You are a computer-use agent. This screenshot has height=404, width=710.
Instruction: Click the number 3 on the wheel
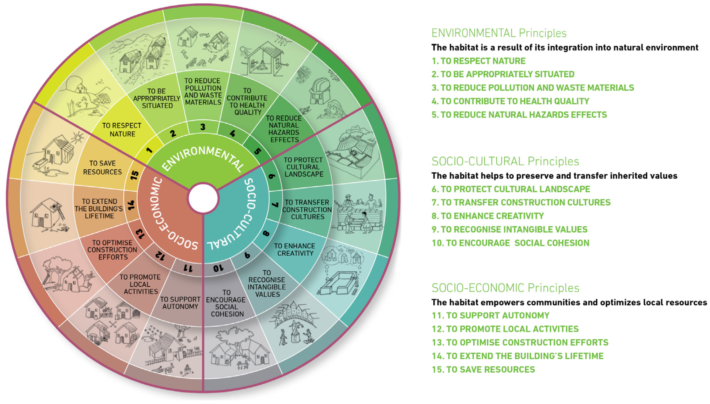[203, 127]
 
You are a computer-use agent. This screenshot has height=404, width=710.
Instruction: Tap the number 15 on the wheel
[134, 175]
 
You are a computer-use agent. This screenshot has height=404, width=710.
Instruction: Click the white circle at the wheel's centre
[203, 198]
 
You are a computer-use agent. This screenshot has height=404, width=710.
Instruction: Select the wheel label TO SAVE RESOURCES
[102, 168]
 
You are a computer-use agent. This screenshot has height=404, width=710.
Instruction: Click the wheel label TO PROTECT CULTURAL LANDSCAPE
[303, 167]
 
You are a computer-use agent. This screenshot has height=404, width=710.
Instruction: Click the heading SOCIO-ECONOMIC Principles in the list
[505, 288]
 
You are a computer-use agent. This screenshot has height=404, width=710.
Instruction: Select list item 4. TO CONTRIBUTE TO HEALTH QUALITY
[510, 101]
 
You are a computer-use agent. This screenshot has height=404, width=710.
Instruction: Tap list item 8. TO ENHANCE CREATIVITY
[488, 216]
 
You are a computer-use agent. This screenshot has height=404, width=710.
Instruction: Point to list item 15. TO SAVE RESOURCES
[483, 370]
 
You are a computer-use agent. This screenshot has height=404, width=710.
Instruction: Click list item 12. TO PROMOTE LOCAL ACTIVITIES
[505, 329]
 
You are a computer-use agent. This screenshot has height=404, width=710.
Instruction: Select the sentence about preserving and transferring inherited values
[554, 176]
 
